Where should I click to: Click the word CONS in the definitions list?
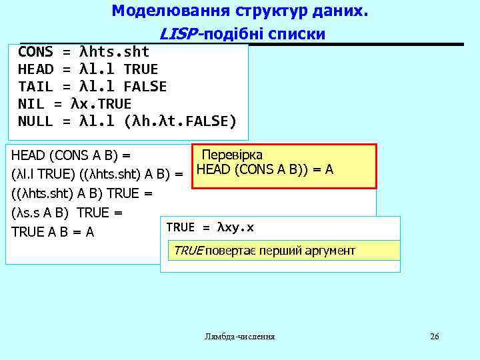pos(35,52)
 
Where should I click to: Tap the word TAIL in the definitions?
pos(35,87)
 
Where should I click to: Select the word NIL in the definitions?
pos(31,104)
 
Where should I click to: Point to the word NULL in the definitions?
pos(35,121)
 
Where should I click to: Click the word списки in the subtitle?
pos(300,34)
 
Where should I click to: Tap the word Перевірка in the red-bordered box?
pos(232,155)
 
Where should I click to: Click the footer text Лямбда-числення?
pos(240,337)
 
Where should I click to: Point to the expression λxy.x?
pos(236,227)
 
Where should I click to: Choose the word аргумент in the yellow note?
pos(328,251)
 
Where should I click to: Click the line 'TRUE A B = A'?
pos(53,232)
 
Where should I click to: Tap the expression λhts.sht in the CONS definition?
pos(114,52)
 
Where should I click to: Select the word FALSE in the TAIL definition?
pos(145,87)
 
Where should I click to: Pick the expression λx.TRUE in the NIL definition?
pos(101,104)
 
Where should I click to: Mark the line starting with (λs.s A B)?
pos(67,213)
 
